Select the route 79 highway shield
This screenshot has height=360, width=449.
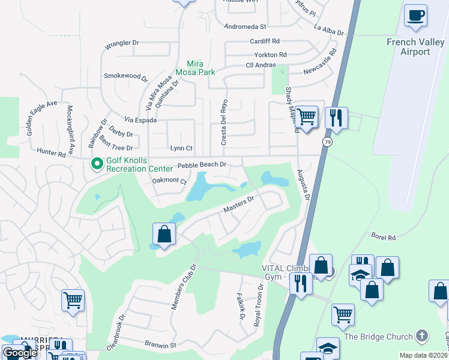click(327, 142)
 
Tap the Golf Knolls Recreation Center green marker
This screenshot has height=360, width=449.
click(96, 163)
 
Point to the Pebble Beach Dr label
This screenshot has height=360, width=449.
click(202, 164)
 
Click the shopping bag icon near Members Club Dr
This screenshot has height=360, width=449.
click(164, 234)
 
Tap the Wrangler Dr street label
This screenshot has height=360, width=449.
click(122, 43)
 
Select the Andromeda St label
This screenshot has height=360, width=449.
click(244, 27)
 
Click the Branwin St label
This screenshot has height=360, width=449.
click(160, 345)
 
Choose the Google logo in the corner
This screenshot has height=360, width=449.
click(20, 353)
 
